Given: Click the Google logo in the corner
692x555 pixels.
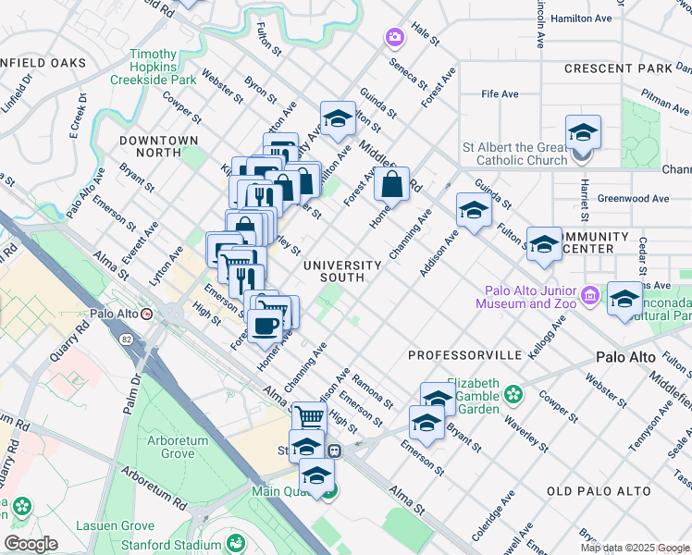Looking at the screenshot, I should coord(31,544).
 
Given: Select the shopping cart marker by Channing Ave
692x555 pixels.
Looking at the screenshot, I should coord(310,416).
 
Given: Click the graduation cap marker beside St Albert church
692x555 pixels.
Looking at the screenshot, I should coord(583,131).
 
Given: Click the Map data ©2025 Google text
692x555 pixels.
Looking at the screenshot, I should coord(635,548).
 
